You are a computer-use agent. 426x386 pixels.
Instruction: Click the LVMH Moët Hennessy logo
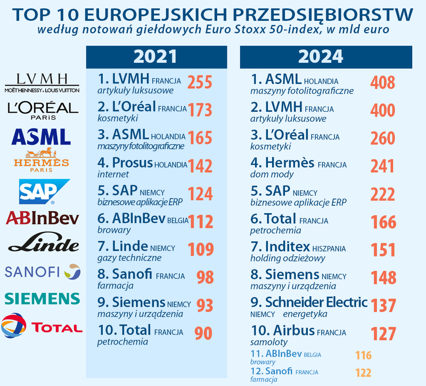(42, 83)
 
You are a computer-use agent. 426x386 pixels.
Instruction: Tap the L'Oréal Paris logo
(43, 111)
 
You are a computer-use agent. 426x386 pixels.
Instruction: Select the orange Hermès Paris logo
(41, 158)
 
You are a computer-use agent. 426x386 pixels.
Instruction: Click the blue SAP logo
(44, 192)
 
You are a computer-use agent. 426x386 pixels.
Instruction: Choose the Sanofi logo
(42, 272)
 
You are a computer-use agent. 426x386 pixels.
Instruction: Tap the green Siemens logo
(42, 298)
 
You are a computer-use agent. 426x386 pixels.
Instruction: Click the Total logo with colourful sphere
(42, 326)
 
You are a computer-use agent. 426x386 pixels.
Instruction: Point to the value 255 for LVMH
(200, 82)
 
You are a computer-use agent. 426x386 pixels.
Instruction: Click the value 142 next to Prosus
(200, 165)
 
